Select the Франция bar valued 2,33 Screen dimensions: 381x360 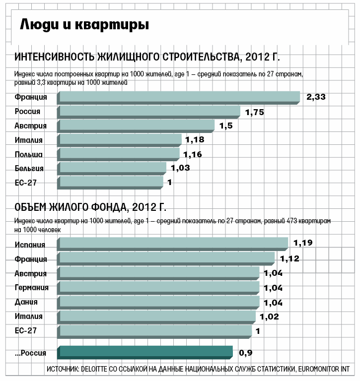point(179,97)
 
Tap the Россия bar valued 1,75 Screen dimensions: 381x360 point(149,112)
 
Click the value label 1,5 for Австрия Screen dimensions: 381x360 point(226,126)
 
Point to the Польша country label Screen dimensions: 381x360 point(28,154)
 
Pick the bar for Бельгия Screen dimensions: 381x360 point(113,169)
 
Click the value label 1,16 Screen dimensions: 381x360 point(192,154)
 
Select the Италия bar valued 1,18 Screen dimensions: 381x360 point(120,140)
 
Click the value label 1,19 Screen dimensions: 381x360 point(303,243)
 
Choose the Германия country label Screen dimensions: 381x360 point(32,288)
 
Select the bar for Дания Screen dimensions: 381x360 point(159,302)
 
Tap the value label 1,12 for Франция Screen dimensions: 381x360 point(290,258)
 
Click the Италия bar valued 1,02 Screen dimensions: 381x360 point(157,317)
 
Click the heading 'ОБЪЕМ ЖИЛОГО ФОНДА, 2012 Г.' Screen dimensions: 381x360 point(90,207)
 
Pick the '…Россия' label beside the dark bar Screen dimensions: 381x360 point(30,353)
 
